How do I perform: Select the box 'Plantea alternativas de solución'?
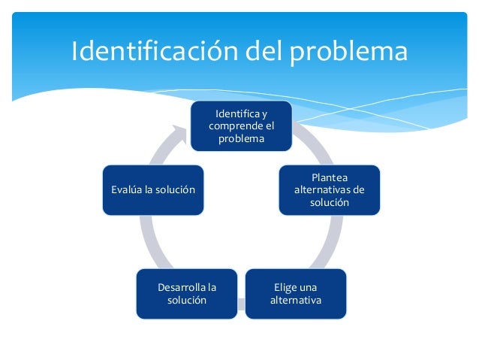(x=330, y=190)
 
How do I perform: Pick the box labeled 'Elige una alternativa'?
(x=296, y=294)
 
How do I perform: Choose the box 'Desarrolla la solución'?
(x=186, y=294)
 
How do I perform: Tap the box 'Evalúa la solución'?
(x=152, y=189)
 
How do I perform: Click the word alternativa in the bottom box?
(x=296, y=301)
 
